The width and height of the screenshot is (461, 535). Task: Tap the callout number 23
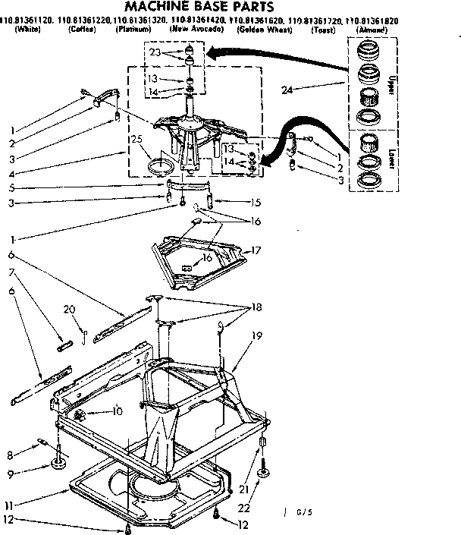155,53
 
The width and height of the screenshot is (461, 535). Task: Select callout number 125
136,139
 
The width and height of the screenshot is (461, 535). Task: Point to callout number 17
256,249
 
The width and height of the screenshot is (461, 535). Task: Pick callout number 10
116,412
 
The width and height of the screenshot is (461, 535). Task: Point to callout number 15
256,202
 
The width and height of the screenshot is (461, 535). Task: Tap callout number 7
11,272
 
